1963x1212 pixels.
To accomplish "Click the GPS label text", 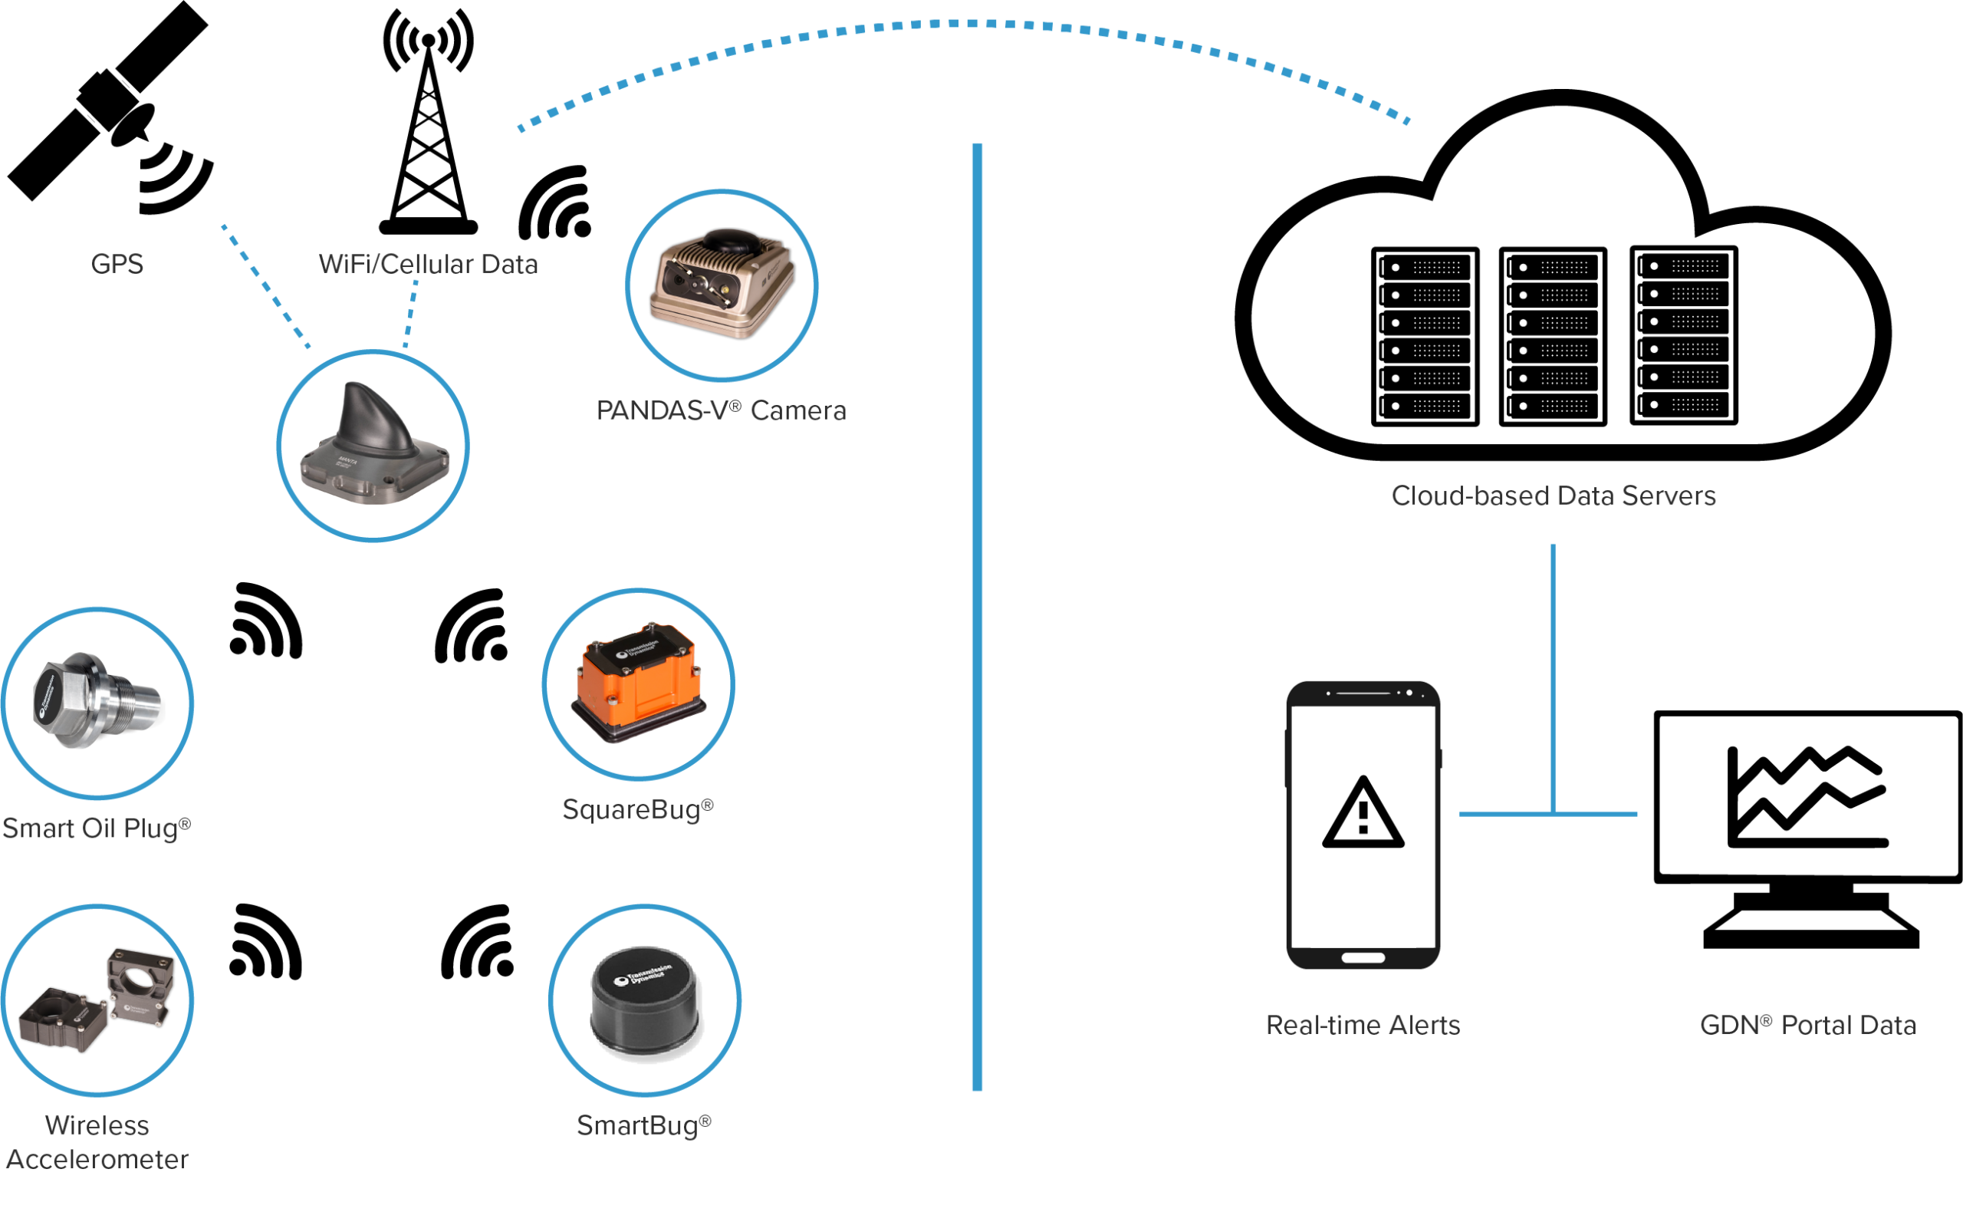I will tap(117, 264).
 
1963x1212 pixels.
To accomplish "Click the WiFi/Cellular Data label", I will tap(428, 264).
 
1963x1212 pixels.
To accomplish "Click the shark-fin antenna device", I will tap(373, 446).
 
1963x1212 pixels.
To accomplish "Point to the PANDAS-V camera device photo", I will tap(722, 285).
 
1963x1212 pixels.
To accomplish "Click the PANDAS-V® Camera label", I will tap(720, 410).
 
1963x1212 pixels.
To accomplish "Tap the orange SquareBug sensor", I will tap(639, 683).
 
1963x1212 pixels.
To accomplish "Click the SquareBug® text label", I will tap(638, 809).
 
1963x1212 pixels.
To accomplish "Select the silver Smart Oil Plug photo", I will tap(96, 703).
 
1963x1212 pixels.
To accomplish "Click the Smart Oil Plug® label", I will tap(96, 828).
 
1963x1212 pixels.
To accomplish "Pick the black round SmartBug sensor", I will tap(644, 1000).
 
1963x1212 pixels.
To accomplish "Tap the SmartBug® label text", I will tap(644, 1125).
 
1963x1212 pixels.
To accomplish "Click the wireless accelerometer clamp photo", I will tap(96, 1000).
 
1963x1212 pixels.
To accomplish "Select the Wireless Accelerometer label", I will tap(96, 1142).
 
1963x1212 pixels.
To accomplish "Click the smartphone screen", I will tap(1363, 825).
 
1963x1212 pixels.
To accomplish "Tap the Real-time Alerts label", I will tap(1363, 1026).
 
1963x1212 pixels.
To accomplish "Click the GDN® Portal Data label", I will tap(1807, 1026).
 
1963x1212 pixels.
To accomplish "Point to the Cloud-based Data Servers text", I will tap(1554, 496).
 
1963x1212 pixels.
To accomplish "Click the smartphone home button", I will tap(1363, 957).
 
